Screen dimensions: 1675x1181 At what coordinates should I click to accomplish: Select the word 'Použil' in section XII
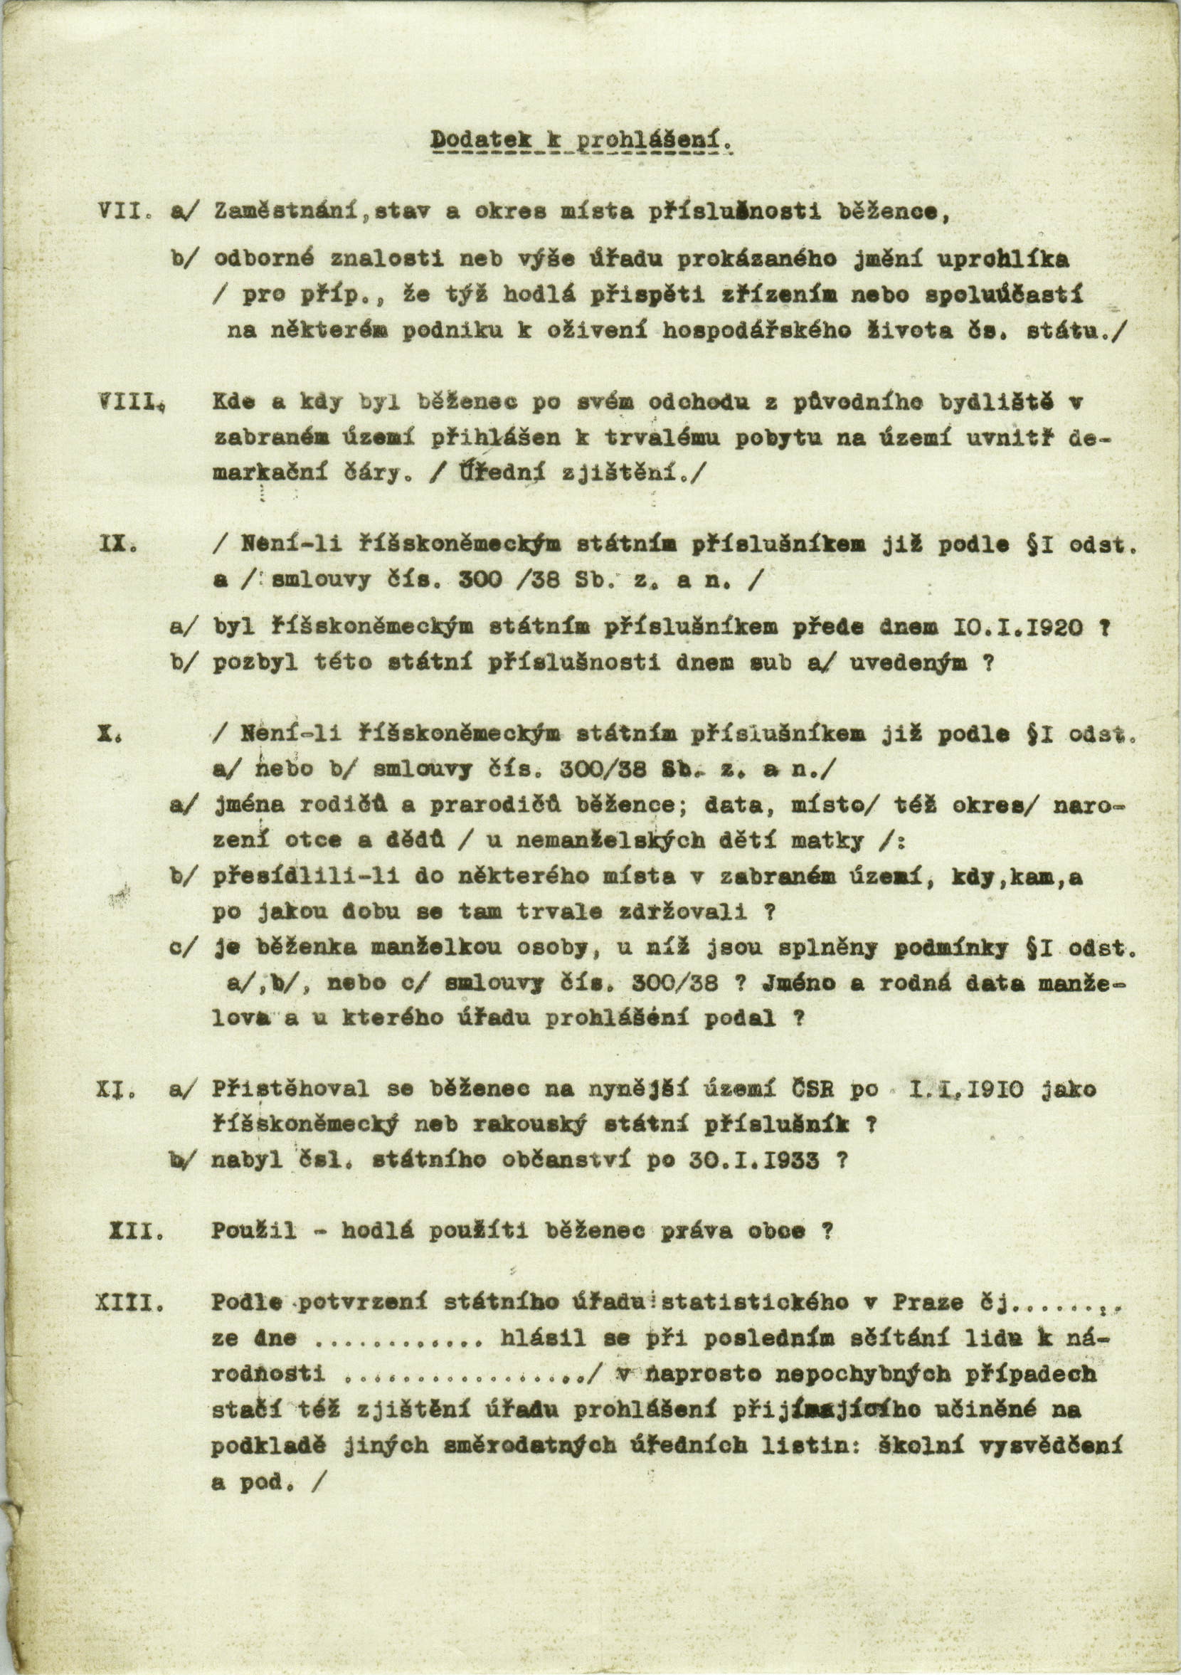point(255,1232)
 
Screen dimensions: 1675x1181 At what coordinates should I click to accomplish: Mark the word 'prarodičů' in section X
point(475,805)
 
